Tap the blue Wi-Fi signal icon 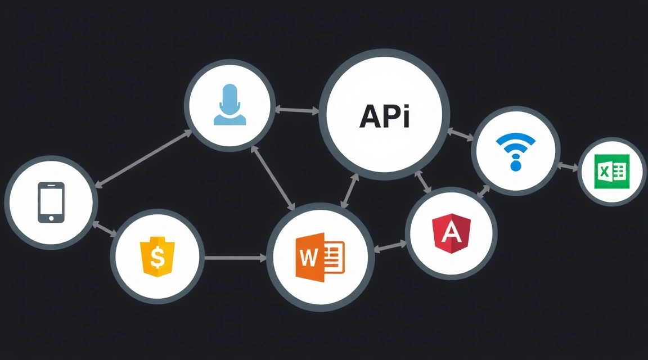point(516,151)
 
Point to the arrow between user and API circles point(297,109)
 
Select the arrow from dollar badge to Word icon point(235,258)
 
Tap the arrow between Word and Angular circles point(389,245)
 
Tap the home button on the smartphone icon point(51,218)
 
